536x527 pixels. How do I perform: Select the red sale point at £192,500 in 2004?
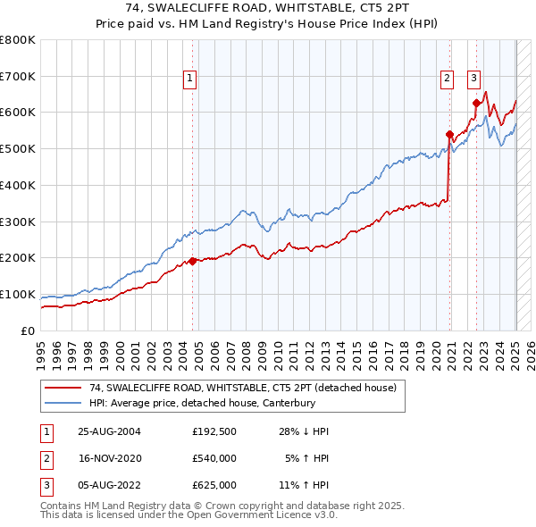click(193, 261)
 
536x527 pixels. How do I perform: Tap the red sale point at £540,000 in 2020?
click(449, 135)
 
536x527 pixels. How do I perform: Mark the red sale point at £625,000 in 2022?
click(476, 104)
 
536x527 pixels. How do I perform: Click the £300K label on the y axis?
click(18, 222)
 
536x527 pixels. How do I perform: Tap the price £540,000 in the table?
click(214, 459)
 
